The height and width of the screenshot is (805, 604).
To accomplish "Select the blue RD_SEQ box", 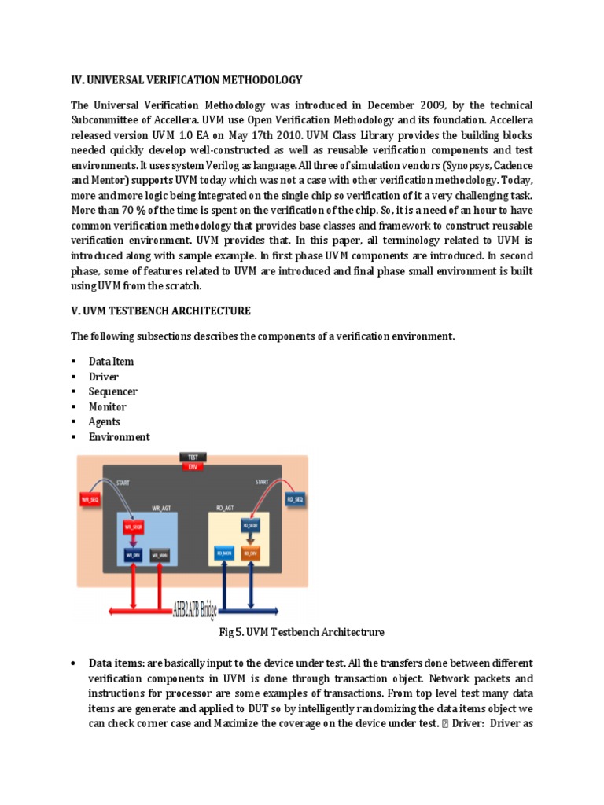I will pyautogui.click(x=295, y=498).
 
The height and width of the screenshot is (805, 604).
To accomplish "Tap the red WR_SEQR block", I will pyautogui.click(x=133, y=527).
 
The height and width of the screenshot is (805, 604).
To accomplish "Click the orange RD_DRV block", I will pyautogui.click(x=250, y=553).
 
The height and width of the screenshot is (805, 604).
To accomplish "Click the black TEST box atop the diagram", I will pyautogui.click(x=192, y=457).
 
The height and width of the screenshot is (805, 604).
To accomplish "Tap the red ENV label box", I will pyautogui.click(x=192, y=466).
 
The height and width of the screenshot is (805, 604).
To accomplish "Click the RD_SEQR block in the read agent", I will pyautogui.click(x=250, y=525).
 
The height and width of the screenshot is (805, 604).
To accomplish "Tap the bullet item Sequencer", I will pyautogui.click(x=113, y=391).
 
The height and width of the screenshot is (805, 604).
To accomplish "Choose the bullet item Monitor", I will pyautogui.click(x=108, y=406).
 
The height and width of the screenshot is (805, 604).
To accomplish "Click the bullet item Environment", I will pyautogui.click(x=119, y=437).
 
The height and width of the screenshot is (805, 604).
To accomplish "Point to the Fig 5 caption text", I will pyautogui.click(x=301, y=631).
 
